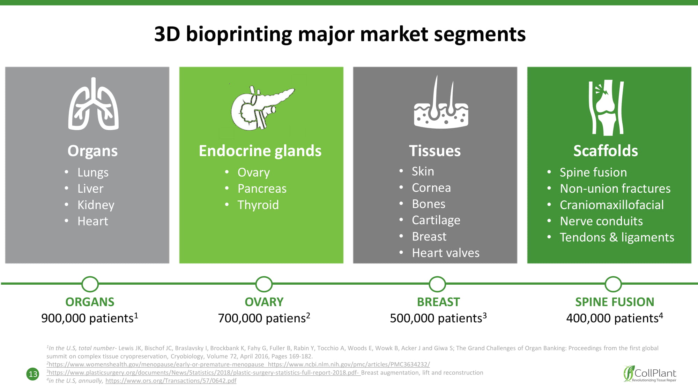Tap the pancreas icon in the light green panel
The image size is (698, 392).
point(262,108)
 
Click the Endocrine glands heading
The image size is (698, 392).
point(260,151)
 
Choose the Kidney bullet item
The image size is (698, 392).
point(96,205)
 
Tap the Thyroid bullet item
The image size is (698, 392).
point(258,205)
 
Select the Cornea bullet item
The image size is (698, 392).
point(431,188)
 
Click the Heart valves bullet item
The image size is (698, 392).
point(446,253)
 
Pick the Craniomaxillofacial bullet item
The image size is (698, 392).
point(612,205)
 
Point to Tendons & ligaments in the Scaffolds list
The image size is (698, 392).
point(617,237)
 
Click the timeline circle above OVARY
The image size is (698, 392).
point(264,284)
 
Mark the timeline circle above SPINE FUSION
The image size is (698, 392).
point(613,284)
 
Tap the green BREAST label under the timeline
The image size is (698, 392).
point(438,302)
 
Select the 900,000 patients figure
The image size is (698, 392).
point(90,318)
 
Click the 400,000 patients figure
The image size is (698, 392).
point(615,318)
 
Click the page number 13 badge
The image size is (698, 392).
point(33,374)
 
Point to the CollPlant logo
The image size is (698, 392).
point(650,374)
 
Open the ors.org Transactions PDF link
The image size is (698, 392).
point(171,381)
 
